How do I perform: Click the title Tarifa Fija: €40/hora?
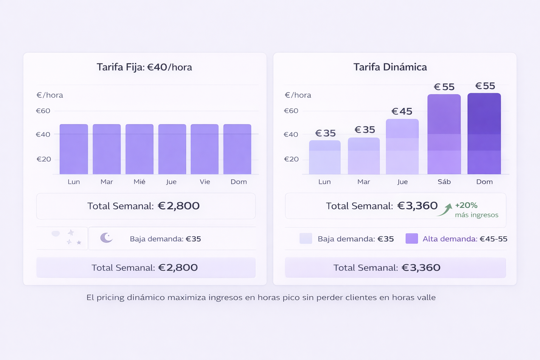[x=144, y=67]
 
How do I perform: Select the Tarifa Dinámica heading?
[x=390, y=67]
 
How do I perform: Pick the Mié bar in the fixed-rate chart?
[x=140, y=149]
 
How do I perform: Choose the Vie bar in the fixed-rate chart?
[x=205, y=149]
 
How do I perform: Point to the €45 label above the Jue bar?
[x=402, y=111]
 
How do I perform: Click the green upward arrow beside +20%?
[x=445, y=210]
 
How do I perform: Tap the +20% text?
[x=466, y=205]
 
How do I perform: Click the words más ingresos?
[x=476, y=215]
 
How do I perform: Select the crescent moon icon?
[x=106, y=238]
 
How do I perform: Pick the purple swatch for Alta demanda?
[x=412, y=239]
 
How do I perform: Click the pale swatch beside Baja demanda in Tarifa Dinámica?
[x=306, y=239]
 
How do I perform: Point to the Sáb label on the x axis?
[x=444, y=182]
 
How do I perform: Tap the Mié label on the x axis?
[x=140, y=182]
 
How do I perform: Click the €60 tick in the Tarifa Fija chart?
[x=43, y=111]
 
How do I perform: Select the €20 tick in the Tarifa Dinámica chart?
[x=291, y=159]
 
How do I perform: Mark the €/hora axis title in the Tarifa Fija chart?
[x=50, y=95]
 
